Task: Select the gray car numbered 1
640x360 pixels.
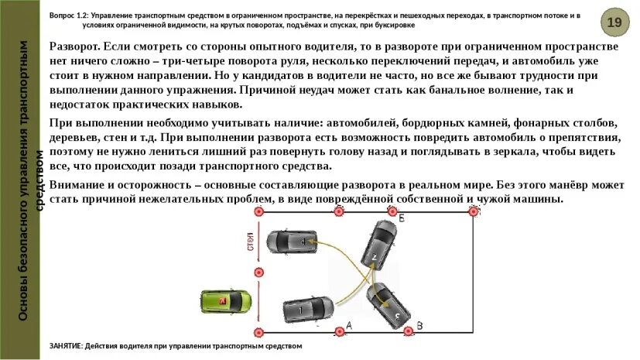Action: tap(308, 310)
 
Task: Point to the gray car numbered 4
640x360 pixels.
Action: tap(291, 242)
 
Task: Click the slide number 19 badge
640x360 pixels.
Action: tap(614, 22)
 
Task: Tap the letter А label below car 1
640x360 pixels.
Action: tap(348, 325)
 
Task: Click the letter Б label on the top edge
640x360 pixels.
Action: tap(401, 219)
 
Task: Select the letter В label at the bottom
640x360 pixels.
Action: tap(419, 325)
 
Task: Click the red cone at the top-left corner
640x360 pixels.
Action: tap(258, 211)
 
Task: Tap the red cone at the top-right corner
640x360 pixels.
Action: tap(471, 211)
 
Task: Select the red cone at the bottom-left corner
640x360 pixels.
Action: tap(258, 331)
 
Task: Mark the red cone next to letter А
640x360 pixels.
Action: tap(337, 331)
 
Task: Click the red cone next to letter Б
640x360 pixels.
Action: tap(390, 211)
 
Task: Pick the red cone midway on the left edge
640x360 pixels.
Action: tap(258, 272)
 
